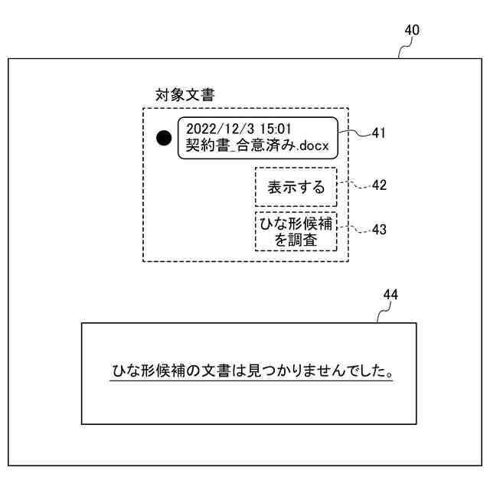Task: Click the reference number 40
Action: coord(412,31)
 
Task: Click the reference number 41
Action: coord(378,132)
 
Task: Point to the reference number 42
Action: coord(378,185)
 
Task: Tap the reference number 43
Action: coord(378,229)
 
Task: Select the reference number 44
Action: coord(390,294)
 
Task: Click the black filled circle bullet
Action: coord(164,138)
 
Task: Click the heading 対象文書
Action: coord(185,96)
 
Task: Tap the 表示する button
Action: coord(296,188)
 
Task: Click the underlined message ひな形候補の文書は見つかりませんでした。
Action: coord(250,372)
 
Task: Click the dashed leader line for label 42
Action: coord(353,185)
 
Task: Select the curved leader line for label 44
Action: coord(384,312)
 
